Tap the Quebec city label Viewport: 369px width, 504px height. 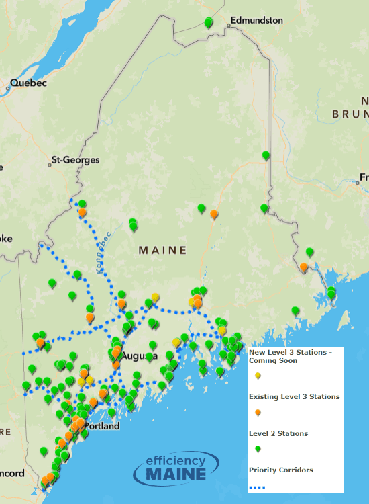click(x=28, y=84)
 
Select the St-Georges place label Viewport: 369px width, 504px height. click(x=75, y=161)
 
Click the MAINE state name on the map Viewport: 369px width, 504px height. click(x=162, y=250)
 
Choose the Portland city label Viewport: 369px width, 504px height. click(x=102, y=426)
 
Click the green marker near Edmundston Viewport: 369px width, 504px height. click(x=209, y=23)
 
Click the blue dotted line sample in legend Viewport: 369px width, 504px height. click(x=258, y=487)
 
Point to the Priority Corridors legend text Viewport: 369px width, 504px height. click(x=280, y=470)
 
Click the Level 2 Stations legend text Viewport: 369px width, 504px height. click(x=278, y=433)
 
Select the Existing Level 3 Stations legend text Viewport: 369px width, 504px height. click(x=294, y=396)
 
